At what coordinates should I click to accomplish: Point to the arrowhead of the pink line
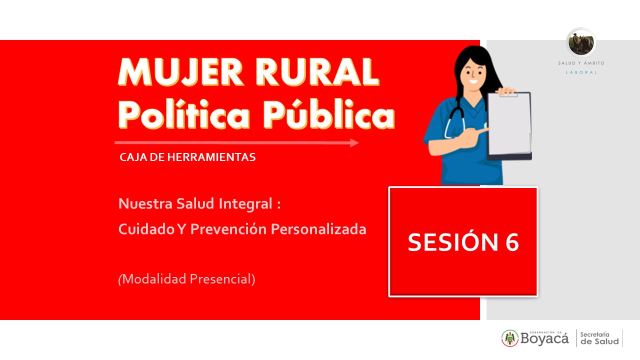(354, 142)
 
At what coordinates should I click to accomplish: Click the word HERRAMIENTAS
(211, 157)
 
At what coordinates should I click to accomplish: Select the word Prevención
(228, 229)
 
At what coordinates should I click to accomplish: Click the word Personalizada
(318, 229)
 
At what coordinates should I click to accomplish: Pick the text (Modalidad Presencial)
(186, 279)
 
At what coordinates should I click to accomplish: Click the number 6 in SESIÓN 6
(512, 242)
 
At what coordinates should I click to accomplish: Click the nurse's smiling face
(473, 75)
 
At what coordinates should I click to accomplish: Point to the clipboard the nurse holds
(509, 125)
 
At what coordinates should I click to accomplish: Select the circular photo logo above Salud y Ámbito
(581, 43)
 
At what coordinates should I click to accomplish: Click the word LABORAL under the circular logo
(581, 72)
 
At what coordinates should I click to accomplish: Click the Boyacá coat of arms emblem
(510, 338)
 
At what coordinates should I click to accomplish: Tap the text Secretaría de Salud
(599, 338)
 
